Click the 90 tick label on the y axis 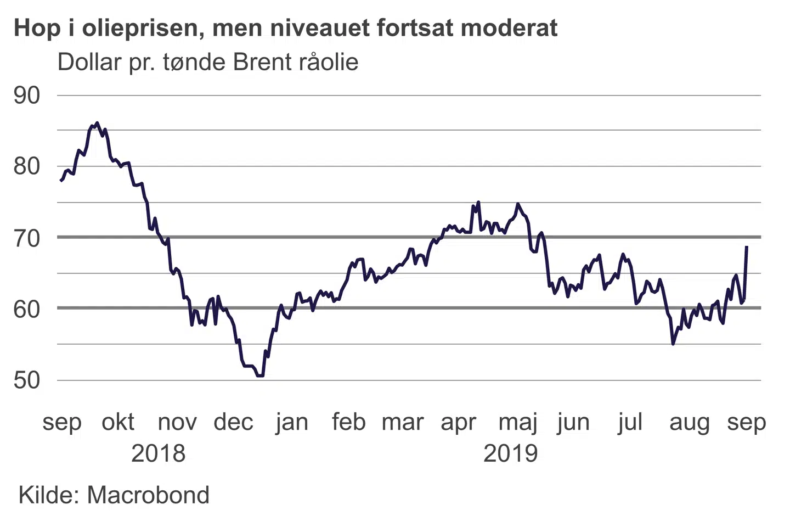point(27,96)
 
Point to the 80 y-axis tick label point(27,166)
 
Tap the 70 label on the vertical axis point(27,238)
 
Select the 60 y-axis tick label point(27,309)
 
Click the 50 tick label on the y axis point(27,380)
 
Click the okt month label point(118,422)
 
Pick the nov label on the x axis point(177,422)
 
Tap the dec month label point(233,422)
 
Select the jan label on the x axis point(292,422)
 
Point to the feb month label point(348,422)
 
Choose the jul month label point(630,422)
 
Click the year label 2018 point(159,453)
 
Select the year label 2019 point(510,453)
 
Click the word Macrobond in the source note point(148,495)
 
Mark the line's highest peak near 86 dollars point(97,123)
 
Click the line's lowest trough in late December point(260,375)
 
